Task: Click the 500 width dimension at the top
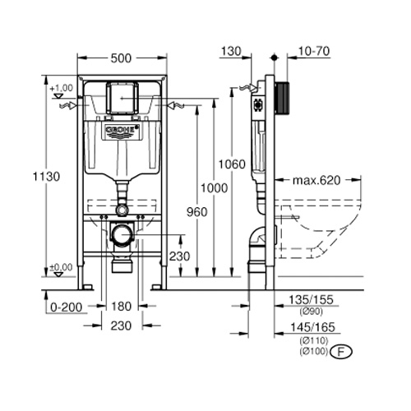coord(121,58)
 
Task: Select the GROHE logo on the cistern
coord(121,131)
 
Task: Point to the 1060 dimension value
coord(233,165)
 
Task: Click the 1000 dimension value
coord(214,189)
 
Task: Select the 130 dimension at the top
coord(232,51)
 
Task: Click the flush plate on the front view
coord(120,97)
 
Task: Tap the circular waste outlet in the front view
coord(121,235)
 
